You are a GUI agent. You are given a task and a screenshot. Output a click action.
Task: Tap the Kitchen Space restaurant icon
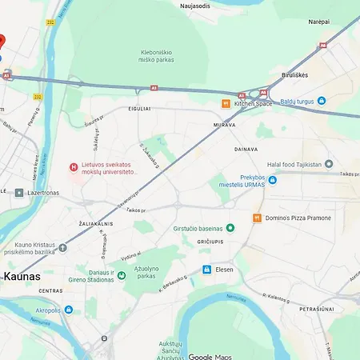226,104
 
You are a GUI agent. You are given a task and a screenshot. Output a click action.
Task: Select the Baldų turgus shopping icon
322,101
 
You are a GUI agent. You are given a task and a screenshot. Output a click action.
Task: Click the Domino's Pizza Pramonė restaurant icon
258,218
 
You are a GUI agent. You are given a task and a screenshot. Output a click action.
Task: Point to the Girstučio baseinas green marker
230,228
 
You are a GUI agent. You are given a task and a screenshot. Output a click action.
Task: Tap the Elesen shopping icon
207,270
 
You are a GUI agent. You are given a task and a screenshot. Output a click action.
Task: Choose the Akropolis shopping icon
69,309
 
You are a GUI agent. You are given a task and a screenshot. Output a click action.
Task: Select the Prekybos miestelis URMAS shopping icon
272,181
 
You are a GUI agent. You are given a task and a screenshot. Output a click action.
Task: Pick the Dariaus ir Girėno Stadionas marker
122,276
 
